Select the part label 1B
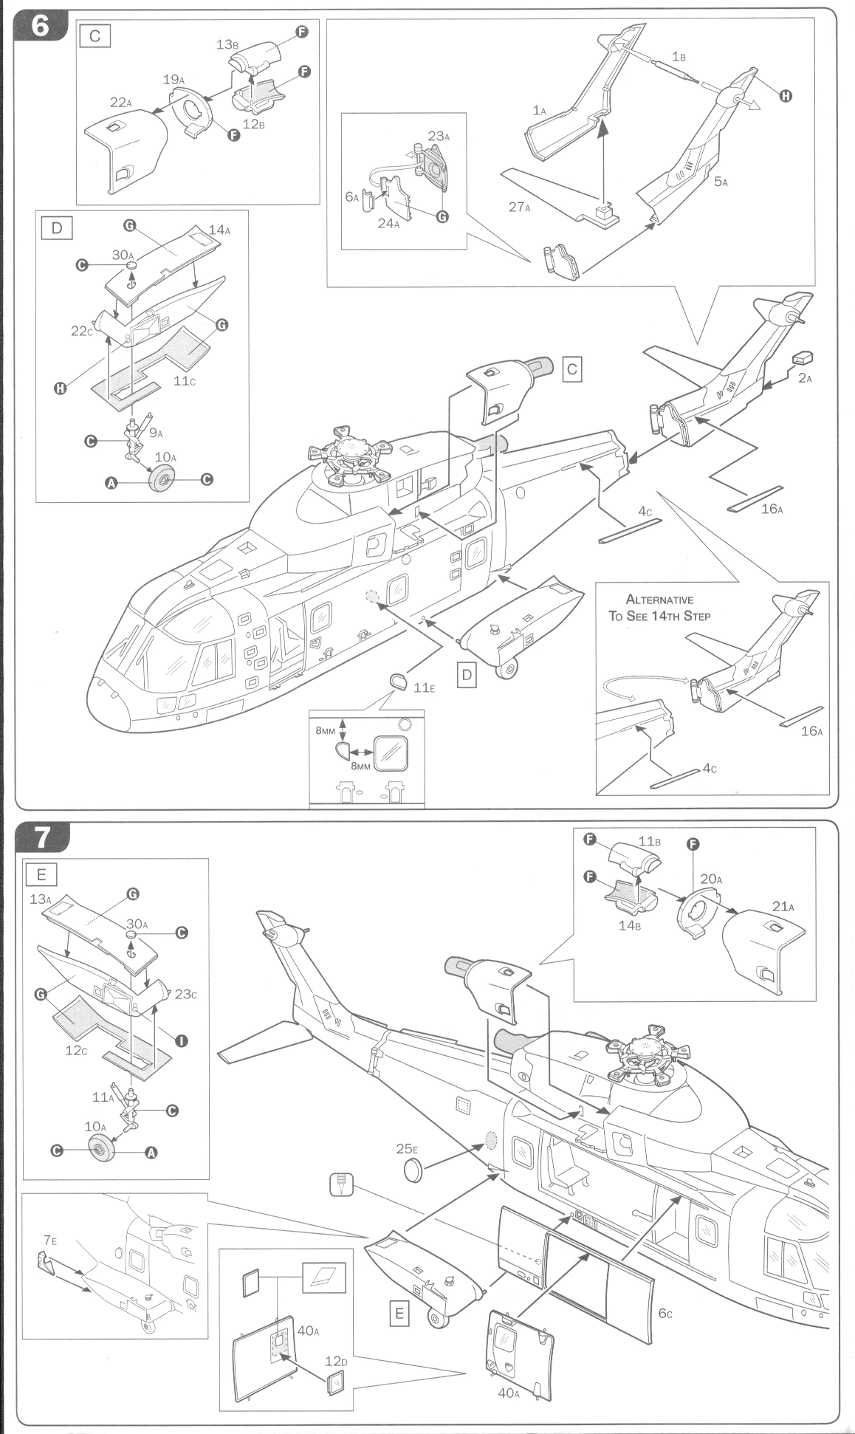tap(679, 57)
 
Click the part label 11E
tap(424, 687)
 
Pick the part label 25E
tap(406, 1149)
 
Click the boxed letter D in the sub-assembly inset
tap(57, 228)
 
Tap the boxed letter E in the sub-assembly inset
tap(42, 874)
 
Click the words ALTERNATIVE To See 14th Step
tap(659, 607)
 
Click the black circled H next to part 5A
tap(786, 96)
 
